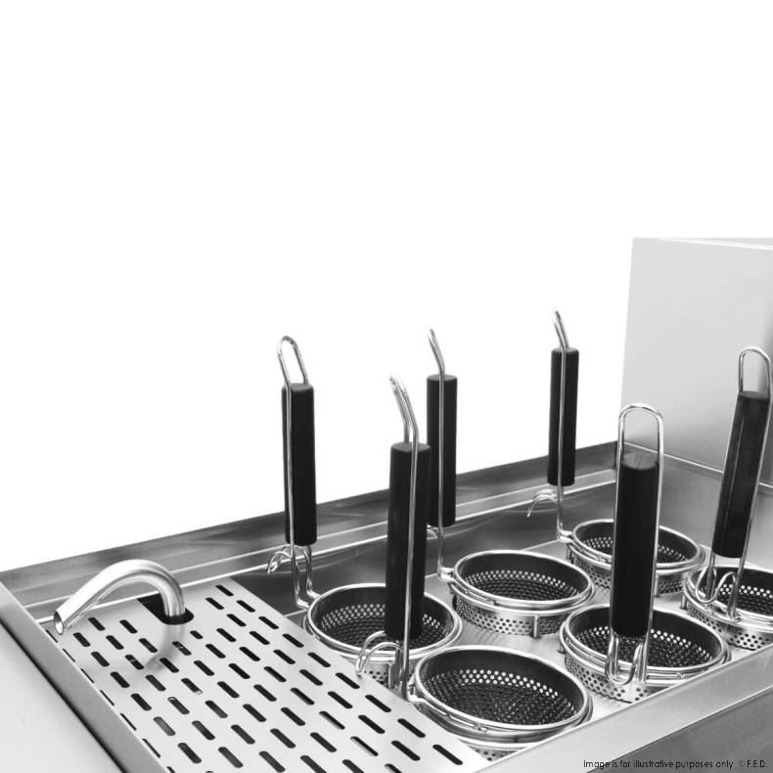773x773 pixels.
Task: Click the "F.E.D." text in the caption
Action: tap(756, 763)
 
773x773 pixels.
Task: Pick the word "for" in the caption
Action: tap(620, 763)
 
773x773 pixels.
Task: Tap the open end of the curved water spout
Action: tap(59, 622)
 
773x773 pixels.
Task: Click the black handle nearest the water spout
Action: tap(299, 464)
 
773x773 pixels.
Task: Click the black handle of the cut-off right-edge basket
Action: tap(741, 475)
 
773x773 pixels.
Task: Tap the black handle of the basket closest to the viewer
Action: tap(407, 541)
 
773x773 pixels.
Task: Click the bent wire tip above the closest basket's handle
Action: tap(403, 404)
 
